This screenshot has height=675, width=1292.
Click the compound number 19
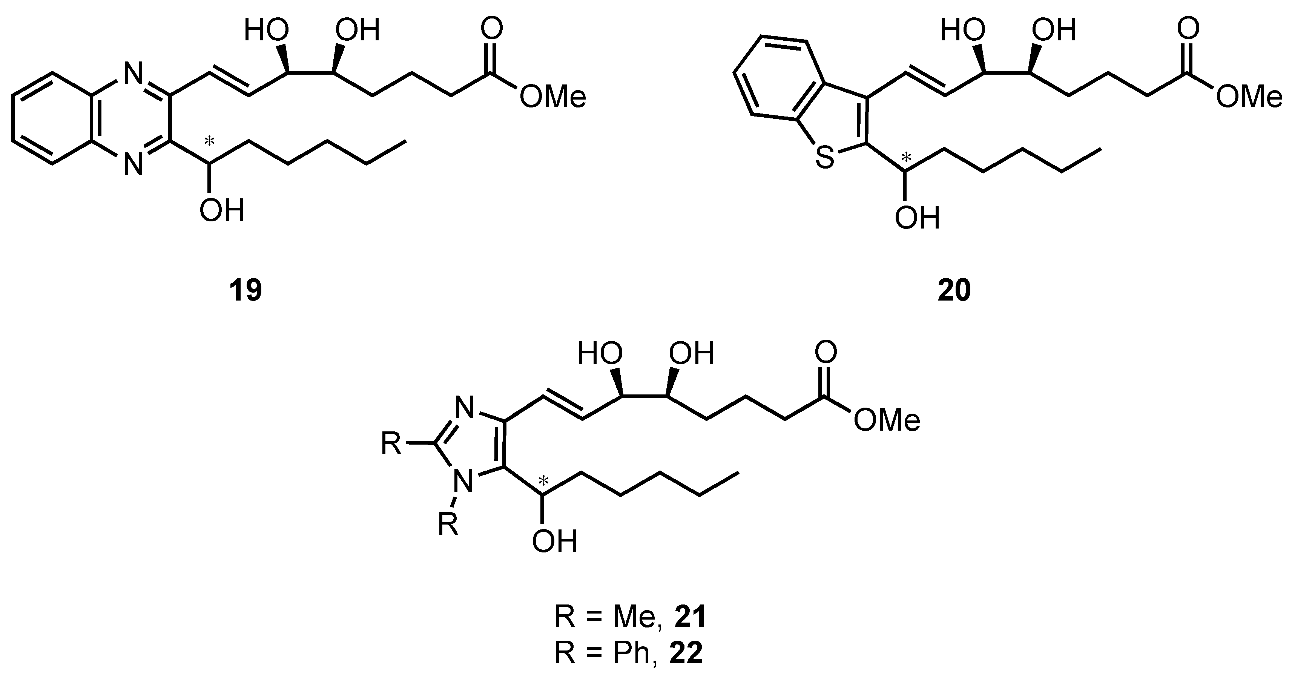pos(246,291)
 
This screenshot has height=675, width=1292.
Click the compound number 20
pos(954,291)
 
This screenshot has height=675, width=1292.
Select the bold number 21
pos(690,617)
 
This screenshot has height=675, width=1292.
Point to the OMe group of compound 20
pos(1249,97)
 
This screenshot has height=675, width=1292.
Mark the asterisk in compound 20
pos(906,144)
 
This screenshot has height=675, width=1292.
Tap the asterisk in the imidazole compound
pos(543,482)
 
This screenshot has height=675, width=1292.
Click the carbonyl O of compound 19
pos(491,29)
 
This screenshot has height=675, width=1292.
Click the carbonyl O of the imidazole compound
pos(826,353)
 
